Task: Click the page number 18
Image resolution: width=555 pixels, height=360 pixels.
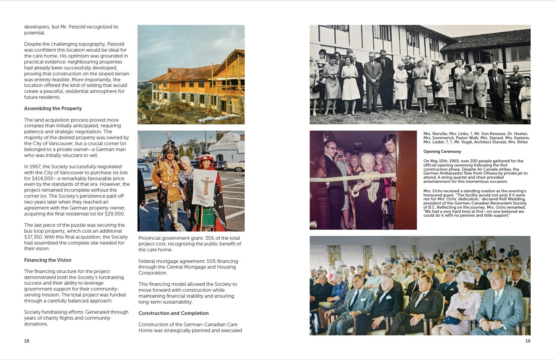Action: coord(26,341)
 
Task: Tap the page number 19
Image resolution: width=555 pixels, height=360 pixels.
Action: coord(528,341)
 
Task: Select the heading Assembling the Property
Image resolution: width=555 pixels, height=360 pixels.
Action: coord(53,109)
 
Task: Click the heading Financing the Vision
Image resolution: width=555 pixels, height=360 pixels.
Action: coord(48,260)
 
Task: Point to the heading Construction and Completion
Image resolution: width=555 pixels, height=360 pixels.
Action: coord(173,313)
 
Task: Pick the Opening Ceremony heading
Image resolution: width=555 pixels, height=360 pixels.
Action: coord(442,152)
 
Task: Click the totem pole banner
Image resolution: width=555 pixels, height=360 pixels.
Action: coord(205,187)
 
